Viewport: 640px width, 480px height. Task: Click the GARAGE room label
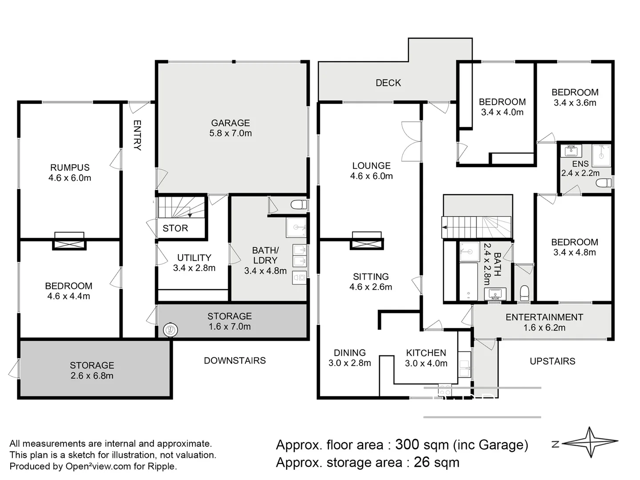[230, 128]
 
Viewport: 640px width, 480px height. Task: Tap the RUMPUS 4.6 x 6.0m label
[70, 173]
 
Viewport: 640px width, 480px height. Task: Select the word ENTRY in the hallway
[137, 135]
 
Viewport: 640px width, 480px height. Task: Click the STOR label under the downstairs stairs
[175, 228]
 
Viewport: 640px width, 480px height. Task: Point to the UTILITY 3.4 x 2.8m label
[194, 263]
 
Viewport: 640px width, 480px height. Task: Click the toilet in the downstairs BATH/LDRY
[298, 205]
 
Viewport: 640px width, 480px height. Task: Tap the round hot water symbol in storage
[170, 330]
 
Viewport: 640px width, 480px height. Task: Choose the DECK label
[388, 83]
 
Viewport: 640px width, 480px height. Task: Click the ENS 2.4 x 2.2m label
[580, 168]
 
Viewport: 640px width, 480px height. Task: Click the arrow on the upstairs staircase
[444, 228]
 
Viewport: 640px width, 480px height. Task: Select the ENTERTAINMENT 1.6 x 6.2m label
[544, 322]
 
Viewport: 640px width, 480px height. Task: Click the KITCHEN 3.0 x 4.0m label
[426, 358]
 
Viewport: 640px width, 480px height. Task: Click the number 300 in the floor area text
[407, 444]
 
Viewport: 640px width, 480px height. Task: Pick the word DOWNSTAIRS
[235, 360]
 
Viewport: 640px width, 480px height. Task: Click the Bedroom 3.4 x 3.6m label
[575, 97]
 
